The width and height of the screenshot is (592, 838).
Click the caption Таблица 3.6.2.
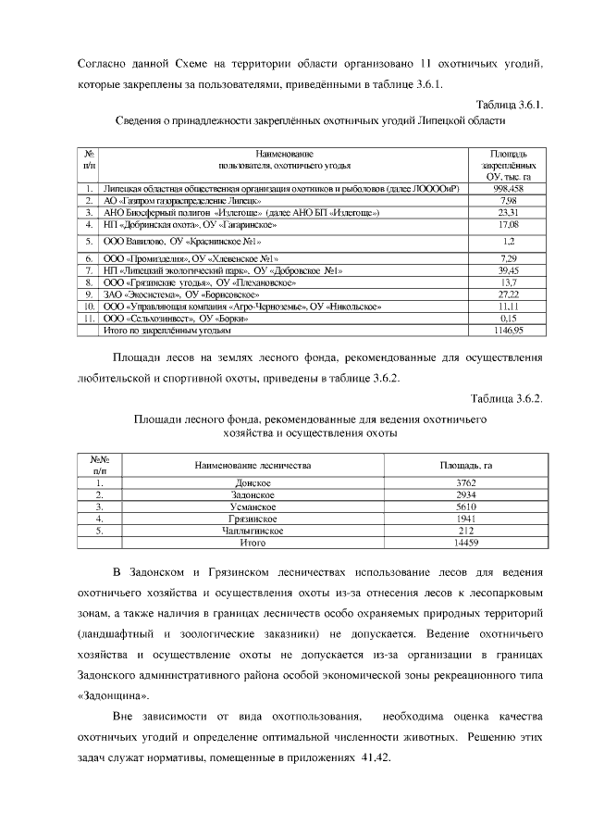(x=507, y=399)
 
